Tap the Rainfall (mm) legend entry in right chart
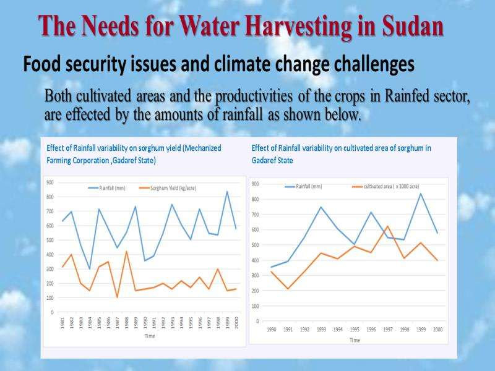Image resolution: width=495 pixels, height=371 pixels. [x=304, y=186]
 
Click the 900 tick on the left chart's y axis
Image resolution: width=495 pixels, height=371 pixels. [x=49, y=182]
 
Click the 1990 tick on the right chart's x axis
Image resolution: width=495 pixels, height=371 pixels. [x=271, y=329]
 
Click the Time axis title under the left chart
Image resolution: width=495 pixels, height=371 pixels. [x=149, y=336]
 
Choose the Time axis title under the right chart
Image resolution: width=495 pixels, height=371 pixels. [x=355, y=339]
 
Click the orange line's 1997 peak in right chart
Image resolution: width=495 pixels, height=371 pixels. [x=387, y=226]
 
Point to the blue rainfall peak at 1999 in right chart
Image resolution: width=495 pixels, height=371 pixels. [x=421, y=194]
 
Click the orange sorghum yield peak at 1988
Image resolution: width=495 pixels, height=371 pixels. [x=126, y=251]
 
